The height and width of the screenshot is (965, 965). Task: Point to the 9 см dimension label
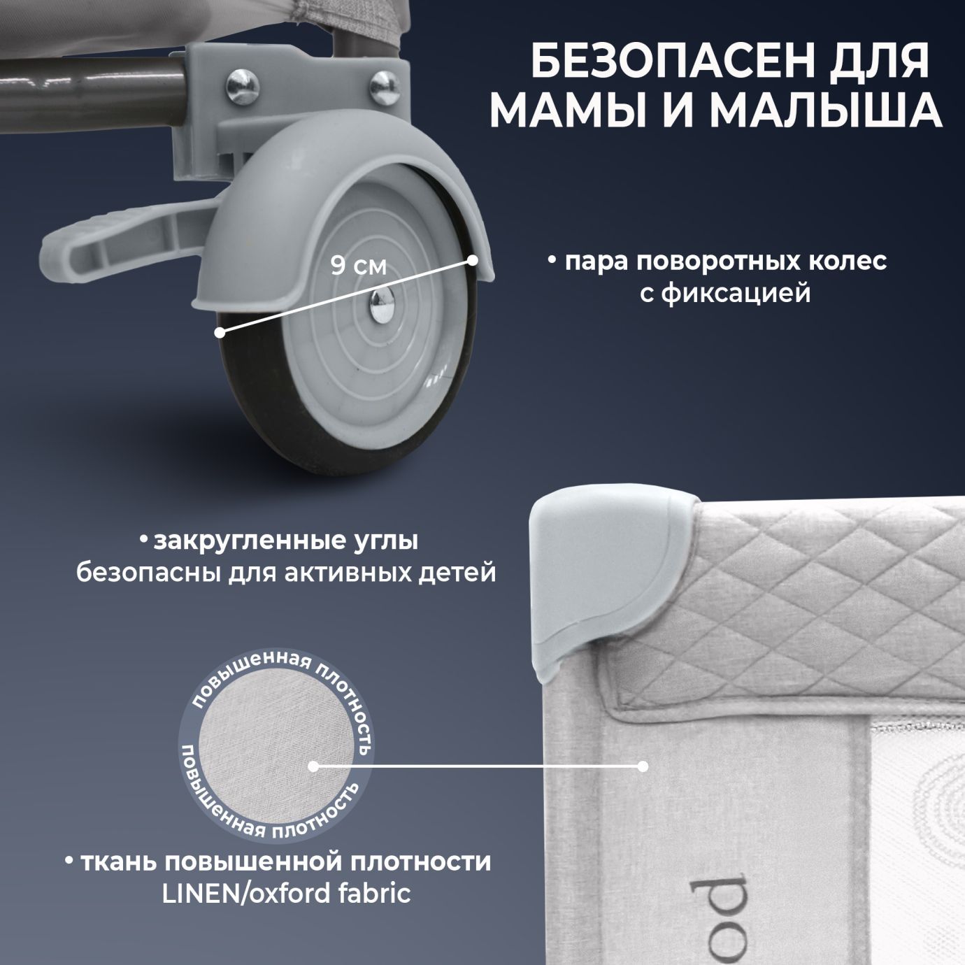[x=358, y=266]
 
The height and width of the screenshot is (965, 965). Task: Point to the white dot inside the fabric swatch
[x=313, y=766]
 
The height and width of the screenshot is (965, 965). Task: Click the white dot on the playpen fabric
[x=643, y=766]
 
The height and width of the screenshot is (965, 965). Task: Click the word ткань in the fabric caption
[x=118, y=861]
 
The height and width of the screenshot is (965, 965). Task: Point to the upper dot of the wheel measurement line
[x=473, y=260]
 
